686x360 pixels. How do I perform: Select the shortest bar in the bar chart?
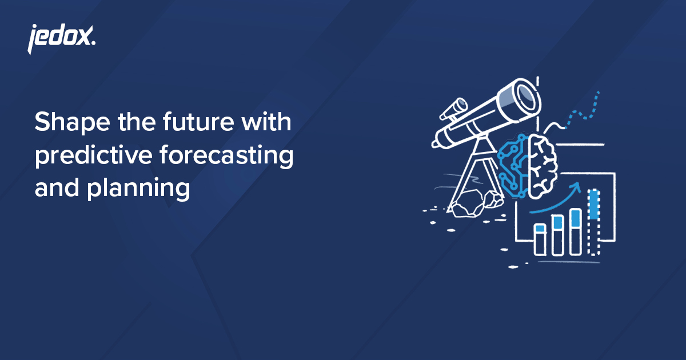click(x=540, y=239)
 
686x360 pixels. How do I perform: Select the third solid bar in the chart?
click(x=576, y=231)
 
